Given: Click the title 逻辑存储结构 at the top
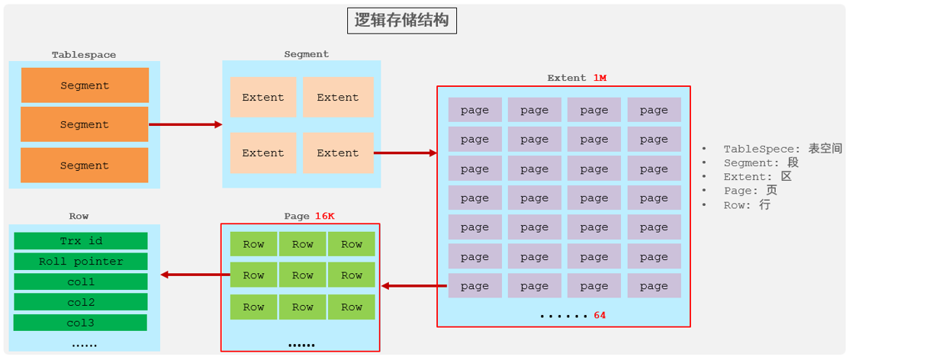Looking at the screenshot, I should [x=401, y=21].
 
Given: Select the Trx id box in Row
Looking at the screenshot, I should [x=81, y=241].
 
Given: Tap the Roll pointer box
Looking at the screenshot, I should [x=81, y=262].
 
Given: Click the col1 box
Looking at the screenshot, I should [x=81, y=282].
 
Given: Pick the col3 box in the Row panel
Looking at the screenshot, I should [x=80, y=323].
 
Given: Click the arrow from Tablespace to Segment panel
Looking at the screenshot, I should [x=185, y=124].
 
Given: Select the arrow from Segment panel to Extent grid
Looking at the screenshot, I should [x=405, y=153].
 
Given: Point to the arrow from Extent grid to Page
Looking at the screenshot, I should [x=413, y=286].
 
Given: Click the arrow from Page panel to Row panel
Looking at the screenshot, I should [x=190, y=275].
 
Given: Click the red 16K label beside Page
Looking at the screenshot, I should [x=324, y=216].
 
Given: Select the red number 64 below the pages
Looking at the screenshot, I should [x=600, y=314].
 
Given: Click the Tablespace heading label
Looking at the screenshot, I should [x=84, y=55].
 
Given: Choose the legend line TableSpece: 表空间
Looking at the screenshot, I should [x=782, y=149].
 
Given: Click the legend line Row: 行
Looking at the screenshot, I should [x=747, y=205].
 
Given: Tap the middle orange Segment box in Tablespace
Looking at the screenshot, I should [x=85, y=124].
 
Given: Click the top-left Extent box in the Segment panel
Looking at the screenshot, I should [x=263, y=98].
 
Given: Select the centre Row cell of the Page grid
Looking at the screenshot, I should [x=303, y=275].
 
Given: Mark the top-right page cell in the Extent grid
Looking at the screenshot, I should [x=654, y=110].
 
